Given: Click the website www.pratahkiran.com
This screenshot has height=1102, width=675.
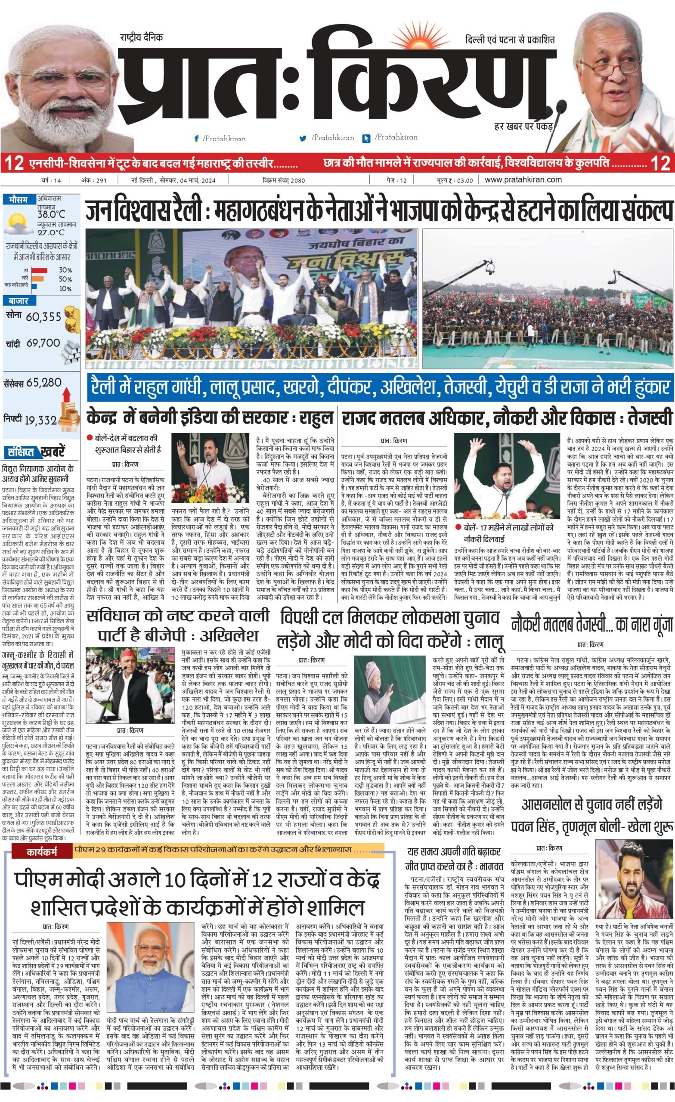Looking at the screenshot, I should pyautogui.click(x=523, y=180).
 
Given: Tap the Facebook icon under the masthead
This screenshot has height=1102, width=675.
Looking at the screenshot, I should pyautogui.click(x=196, y=139).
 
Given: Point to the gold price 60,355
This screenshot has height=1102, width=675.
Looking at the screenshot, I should pyautogui.click(x=43, y=317).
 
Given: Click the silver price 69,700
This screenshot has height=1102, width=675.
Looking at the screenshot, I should pyautogui.click(x=43, y=343).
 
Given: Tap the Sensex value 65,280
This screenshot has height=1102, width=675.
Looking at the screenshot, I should pyautogui.click(x=44, y=382).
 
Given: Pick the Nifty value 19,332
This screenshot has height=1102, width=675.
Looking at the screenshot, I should pyautogui.click(x=41, y=420).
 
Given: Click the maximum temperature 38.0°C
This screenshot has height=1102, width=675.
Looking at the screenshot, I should pyautogui.click(x=51, y=215).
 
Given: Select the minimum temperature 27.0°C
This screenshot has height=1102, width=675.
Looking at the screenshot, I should pyautogui.click(x=51, y=232).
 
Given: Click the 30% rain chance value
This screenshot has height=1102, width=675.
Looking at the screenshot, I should pyautogui.click(x=65, y=270).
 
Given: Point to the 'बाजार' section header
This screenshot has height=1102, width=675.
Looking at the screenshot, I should pyautogui.click(x=19, y=301).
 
